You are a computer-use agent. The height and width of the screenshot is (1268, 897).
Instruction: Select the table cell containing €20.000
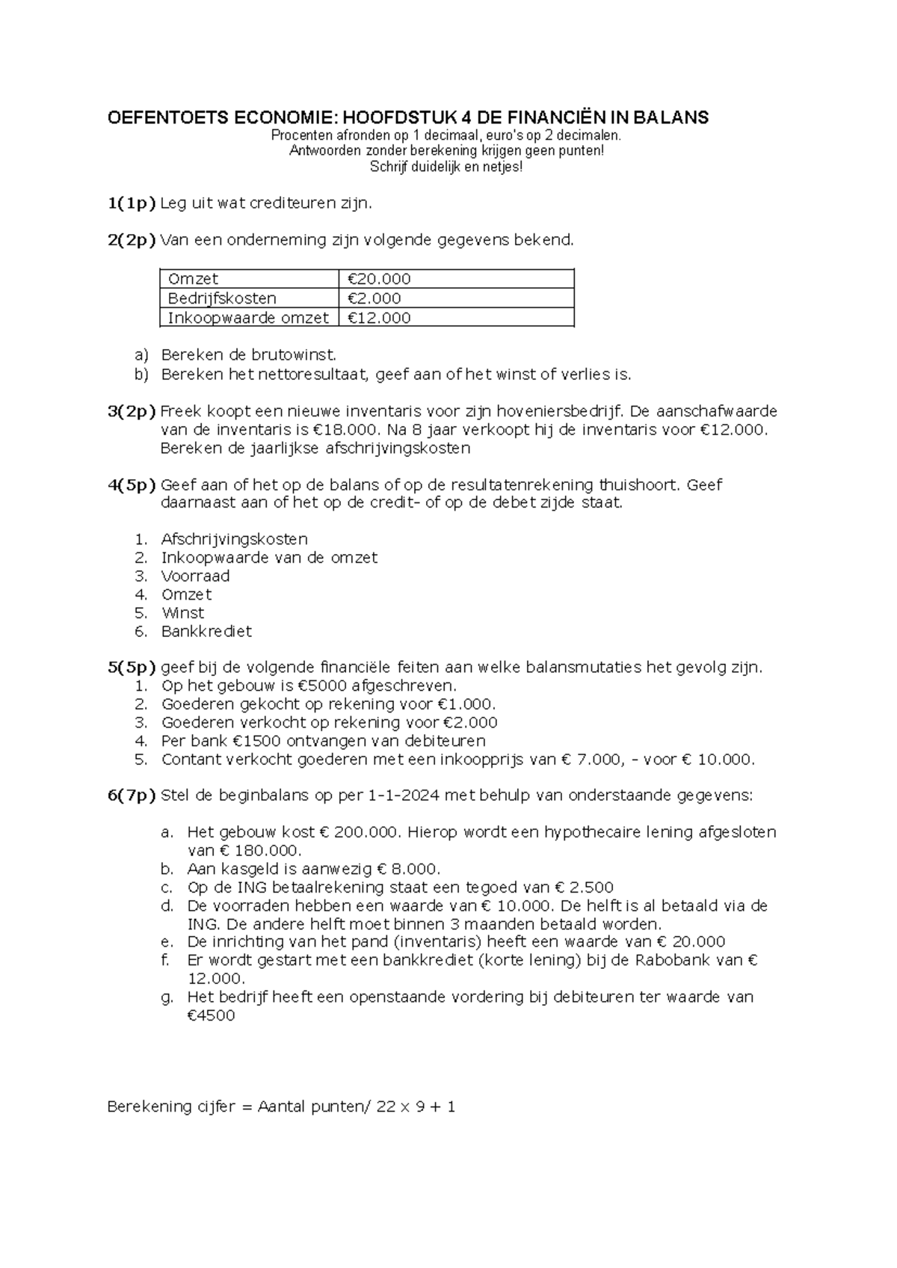[x=456, y=280]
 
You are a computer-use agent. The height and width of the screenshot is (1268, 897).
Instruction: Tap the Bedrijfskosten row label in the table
[x=222, y=298]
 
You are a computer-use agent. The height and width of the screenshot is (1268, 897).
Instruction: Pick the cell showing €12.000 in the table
[x=456, y=318]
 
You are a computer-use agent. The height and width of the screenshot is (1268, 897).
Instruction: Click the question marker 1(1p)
[x=132, y=203]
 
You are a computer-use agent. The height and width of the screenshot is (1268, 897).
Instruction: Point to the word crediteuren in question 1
[x=289, y=203]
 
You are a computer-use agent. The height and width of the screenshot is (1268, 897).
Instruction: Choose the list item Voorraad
[x=195, y=576]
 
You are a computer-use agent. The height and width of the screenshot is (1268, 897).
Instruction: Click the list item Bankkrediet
[x=206, y=632]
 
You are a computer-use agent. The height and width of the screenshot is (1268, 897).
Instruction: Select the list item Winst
[x=182, y=613]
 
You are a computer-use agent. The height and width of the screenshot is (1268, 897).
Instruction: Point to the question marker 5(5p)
[x=132, y=668]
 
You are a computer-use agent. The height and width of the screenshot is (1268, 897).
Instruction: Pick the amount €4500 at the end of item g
[x=211, y=1016]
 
